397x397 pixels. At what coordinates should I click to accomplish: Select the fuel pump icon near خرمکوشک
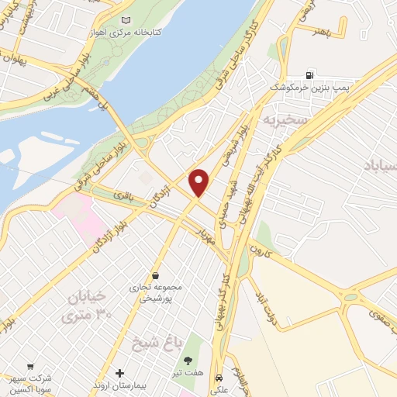(x=311, y=74)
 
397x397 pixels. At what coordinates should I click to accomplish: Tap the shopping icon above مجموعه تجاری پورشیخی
(x=156, y=275)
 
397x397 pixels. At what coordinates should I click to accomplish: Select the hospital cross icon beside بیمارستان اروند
(x=119, y=374)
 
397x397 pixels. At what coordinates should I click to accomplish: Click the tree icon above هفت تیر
(x=187, y=360)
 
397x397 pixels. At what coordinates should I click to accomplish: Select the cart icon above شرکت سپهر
(x=30, y=365)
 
